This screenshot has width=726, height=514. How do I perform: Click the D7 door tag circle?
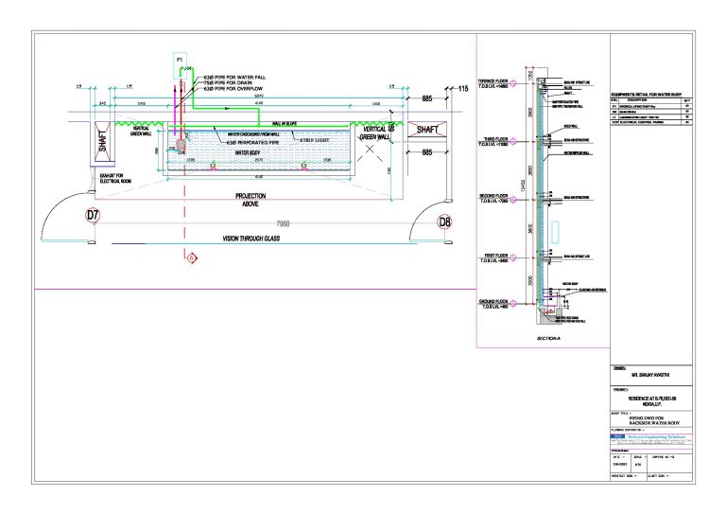coord(93,216)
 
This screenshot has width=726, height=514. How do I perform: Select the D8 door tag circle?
coord(444,222)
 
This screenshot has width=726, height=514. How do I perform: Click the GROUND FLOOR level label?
coord(494,303)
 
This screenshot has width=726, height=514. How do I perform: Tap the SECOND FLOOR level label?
coord(494,198)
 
